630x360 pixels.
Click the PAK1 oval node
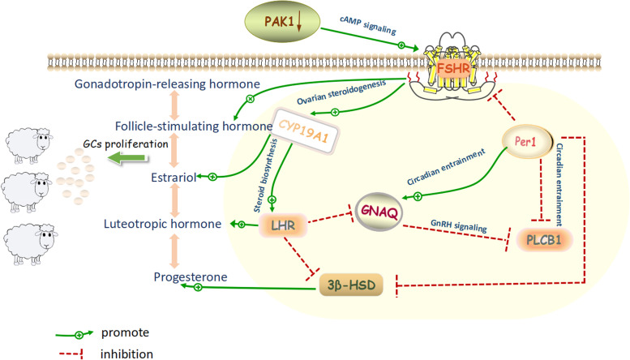pos(282,21)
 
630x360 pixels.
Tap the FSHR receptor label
pos(453,68)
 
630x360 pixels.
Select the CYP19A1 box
pos(304,131)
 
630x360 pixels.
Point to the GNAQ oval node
pos(379,212)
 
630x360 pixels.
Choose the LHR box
pos(283,225)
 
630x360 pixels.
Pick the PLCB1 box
pos(544,240)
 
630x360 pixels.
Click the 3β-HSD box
pos(351,285)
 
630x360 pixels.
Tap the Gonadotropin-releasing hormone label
pos(167,84)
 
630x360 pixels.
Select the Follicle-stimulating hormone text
pos(194,126)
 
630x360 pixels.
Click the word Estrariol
pos(174,178)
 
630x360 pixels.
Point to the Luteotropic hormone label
pos(162,224)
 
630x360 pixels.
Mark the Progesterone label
pos(191,276)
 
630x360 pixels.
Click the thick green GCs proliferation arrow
pos(127,158)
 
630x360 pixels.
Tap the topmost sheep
pos(28,145)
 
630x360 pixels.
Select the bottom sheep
pos(30,243)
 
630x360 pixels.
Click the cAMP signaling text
pos(367,26)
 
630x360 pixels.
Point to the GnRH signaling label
pos(458,225)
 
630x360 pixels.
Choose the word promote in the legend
pos(125,332)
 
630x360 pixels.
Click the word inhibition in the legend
pos(126,354)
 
